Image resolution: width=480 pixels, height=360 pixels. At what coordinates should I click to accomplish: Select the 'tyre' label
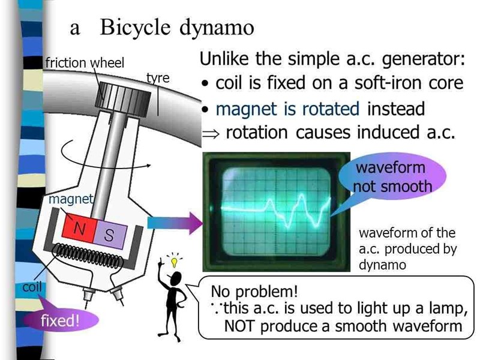[158, 79]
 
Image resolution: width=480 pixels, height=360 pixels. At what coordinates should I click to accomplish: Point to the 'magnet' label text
[71, 199]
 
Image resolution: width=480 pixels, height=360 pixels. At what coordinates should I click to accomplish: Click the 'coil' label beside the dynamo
[32, 287]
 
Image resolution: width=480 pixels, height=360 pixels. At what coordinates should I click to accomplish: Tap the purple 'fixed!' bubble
[60, 320]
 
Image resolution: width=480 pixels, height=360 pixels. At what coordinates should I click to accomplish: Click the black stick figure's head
[176, 278]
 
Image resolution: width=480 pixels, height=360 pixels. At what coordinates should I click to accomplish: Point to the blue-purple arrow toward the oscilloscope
[175, 224]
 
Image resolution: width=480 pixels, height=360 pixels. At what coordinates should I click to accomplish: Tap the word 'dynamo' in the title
[217, 28]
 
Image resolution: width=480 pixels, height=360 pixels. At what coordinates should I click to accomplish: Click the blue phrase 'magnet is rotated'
[287, 109]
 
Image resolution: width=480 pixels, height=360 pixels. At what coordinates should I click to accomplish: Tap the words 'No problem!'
[254, 292]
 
